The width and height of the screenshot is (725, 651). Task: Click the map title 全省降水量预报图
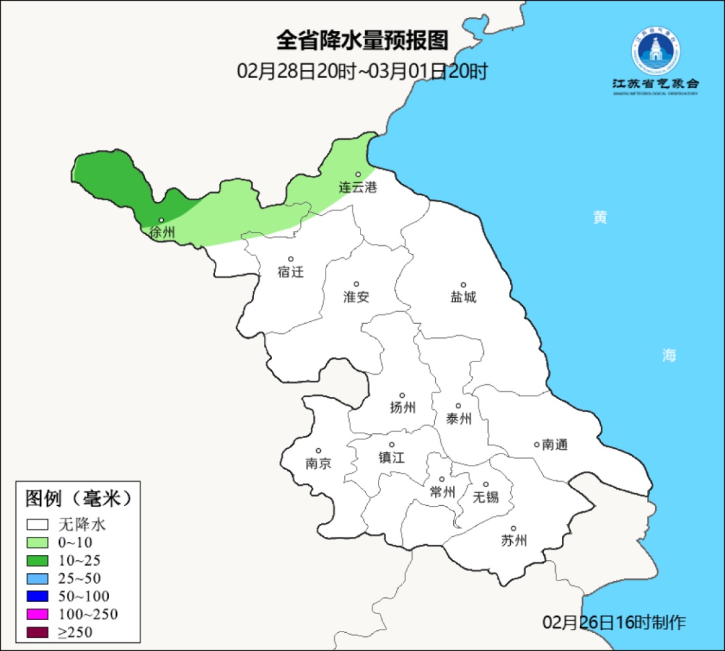(362, 40)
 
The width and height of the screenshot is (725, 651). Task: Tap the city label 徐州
(162, 233)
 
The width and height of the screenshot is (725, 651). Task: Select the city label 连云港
(357, 187)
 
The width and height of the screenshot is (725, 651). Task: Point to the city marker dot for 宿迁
(291, 259)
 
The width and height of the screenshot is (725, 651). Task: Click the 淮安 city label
(356, 297)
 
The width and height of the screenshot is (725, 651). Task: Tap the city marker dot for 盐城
(463, 285)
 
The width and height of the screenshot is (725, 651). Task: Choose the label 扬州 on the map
(403, 407)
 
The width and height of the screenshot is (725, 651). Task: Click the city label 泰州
(458, 419)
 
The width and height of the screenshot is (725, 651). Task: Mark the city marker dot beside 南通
(536, 444)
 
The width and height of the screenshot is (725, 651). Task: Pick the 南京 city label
(318, 464)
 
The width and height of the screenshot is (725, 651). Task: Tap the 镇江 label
(392, 457)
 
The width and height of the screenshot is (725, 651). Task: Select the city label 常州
(442, 492)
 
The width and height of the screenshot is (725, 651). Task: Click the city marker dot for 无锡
(486, 484)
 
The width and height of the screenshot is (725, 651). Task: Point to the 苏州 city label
(514, 541)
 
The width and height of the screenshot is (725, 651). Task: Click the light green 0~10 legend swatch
(38, 543)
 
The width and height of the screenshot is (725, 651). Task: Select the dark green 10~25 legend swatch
(38, 560)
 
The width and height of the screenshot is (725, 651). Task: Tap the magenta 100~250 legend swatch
(38, 614)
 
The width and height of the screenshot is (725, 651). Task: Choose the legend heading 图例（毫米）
(78, 498)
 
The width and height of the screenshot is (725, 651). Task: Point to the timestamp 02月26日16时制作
(614, 622)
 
